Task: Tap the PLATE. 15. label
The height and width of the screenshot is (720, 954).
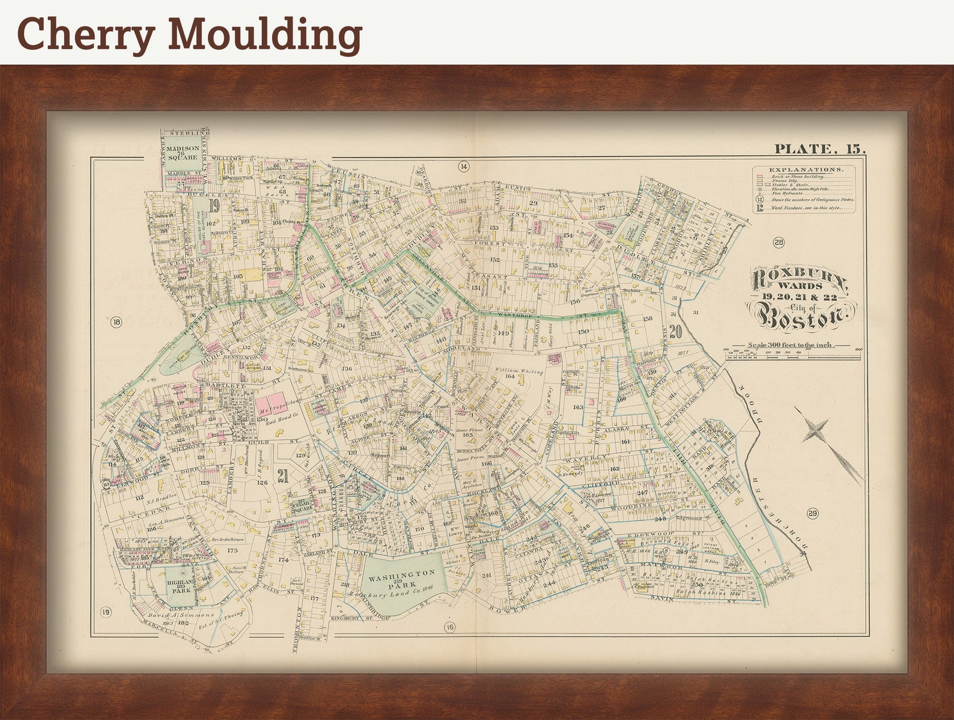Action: coord(819,149)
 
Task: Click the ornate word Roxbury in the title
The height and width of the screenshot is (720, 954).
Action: coord(800,279)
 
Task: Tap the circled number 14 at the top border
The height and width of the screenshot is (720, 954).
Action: coord(463,166)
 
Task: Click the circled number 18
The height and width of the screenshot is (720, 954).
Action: coord(116,323)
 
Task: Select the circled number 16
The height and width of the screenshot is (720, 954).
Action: coord(450,627)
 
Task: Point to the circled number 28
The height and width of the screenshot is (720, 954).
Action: coord(779,243)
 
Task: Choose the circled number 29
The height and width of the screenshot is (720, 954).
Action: coord(812,513)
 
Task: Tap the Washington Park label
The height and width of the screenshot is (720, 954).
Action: coord(401,578)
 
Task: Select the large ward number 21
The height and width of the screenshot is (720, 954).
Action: coord(283,475)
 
